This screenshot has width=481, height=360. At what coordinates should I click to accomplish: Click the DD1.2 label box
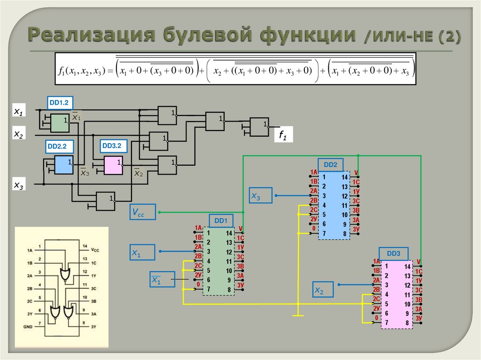click(x=60, y=103)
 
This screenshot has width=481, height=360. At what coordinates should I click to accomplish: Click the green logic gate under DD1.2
click(x=60, y=123)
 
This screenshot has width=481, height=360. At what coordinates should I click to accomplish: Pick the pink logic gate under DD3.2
click(x=114, y=165)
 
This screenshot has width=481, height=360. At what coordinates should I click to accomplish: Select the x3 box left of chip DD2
click(x=261, y=195)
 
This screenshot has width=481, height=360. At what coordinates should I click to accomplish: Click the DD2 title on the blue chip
click(x=331, y=165)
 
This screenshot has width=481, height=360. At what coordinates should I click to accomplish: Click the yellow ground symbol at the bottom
click(x=298, y=315)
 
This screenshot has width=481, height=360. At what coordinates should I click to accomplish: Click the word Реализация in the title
click(x=91, y=36)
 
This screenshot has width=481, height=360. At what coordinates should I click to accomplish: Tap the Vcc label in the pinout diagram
click(x=95, y=250)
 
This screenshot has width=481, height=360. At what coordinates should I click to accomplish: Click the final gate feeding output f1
click(x=259, y=126)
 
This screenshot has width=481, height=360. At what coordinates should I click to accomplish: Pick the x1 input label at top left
click(x=19, y=112)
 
